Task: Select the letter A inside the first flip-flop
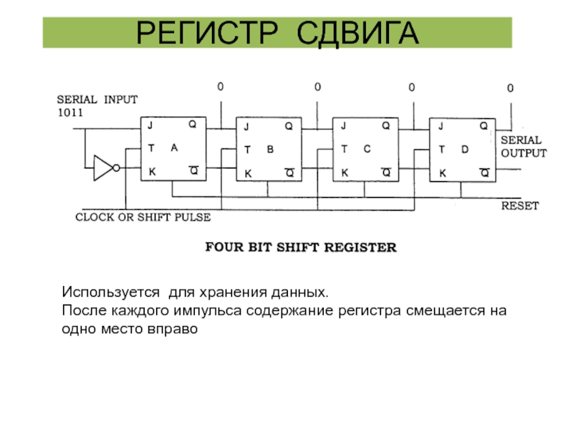(x=174, y=148)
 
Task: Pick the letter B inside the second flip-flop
(x=270, y=150)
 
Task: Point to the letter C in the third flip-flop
(x=366, y=149)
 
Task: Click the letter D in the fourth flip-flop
(x=464, y=149)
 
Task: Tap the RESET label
(x=519, y=206)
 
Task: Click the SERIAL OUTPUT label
(x=523, y=147)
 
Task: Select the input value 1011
(x=70, y=113)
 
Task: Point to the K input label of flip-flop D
(x=442, y=173)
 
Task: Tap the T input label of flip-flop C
(x=344, y=149)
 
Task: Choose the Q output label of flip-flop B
(x=289, y=126)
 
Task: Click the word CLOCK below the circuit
(x=96, y=216)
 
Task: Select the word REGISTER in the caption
(x=363, y=248)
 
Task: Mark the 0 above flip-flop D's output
(x=510, y=88)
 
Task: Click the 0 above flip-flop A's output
(x=221, y=87)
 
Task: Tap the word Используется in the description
(x=107, y=294)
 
